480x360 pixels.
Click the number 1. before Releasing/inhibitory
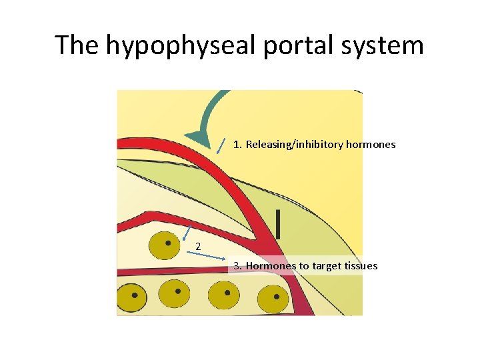pyautogui.click(x=238, y=144)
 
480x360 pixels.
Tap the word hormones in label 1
pyautogui.click(x=371, y=144)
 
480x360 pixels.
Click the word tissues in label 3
pyautogui.click(x=361, y=266)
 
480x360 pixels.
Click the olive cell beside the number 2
pyautogui.click(x=163, y=245)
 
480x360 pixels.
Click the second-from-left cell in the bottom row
pyautogui.click(x=177, y=292)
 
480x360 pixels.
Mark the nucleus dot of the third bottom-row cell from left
pyautogui.click(x=227, y=292)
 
